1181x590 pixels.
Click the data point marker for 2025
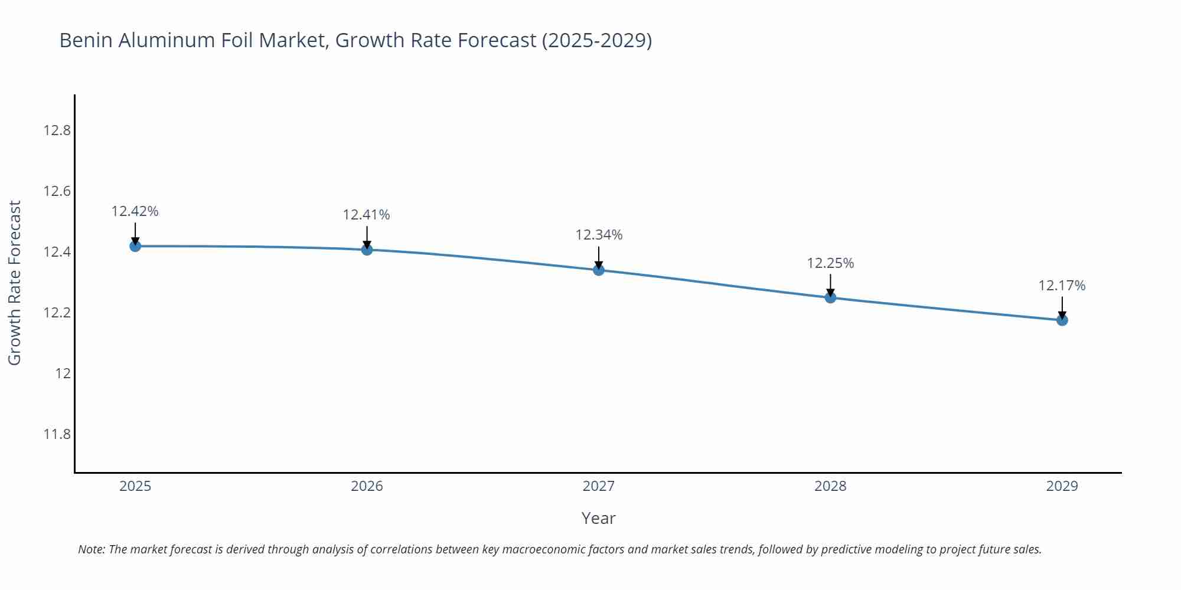click(135, 246)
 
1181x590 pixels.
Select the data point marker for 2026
click(367, 250)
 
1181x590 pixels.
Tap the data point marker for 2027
click(599, 270)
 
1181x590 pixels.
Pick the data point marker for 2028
click(830, 297)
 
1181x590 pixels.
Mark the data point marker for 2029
click(1062, 320)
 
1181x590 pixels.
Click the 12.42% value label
click(135, 211)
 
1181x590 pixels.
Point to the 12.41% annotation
click(367, 215)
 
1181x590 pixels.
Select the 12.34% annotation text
click(599, 235)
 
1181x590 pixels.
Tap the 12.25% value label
click(830, 263)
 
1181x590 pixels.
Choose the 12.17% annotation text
click(1062, 286)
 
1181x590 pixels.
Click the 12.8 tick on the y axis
click(57, 130)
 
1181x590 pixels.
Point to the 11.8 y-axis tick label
click(57, 435)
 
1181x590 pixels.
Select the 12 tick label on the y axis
click(63, 373)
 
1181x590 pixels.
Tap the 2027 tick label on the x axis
click(599, 486)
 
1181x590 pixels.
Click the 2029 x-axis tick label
click(1062, 486)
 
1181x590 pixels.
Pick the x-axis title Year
click(598, 518)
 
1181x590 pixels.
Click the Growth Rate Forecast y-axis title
click(15, 283)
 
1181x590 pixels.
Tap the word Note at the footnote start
click(91, 549)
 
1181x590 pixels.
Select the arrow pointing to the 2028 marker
click(830, 286)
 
